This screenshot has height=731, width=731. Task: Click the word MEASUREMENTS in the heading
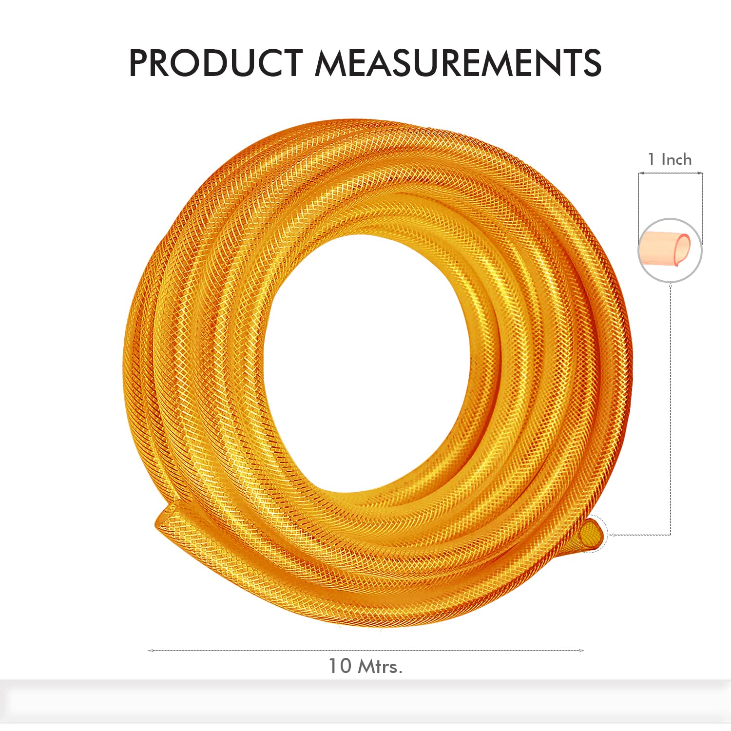click(x=458, y=63)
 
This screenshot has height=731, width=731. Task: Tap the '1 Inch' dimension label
click(x=670, y=159)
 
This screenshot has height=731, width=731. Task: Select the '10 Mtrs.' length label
click(x=365, y=666)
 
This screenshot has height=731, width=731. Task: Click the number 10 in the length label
click(x=340, y=666)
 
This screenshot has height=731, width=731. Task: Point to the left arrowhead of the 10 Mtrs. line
click(x=150, y=651)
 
